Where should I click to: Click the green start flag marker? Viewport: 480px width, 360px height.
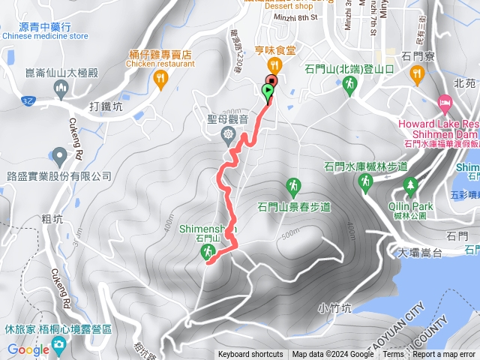pos(268,91)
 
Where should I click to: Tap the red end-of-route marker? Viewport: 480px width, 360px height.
pos(271,81)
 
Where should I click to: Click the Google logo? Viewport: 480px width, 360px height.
pos(28,349)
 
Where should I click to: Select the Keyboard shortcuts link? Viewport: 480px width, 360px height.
pos(250,355)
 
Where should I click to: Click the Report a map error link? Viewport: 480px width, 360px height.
pos(444,355)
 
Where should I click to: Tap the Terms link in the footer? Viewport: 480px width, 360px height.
pos(393,355)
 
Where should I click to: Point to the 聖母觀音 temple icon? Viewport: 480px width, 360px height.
pos(228,133)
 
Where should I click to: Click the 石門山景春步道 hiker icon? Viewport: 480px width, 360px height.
pos(294,185)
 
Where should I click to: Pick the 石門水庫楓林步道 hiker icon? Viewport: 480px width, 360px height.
pos(365,181)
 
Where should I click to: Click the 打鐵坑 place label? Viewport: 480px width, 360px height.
pos(106,106)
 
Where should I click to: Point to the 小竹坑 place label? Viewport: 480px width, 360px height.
pos(334,307)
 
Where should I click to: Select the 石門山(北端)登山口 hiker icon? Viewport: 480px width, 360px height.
pos(349,87)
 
